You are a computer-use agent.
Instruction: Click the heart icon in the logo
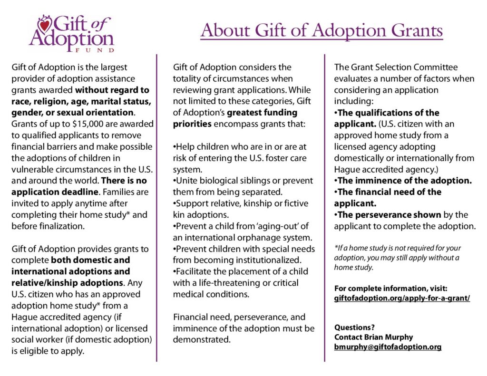pos(44,23)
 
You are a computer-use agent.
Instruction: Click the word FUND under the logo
pos(95,49)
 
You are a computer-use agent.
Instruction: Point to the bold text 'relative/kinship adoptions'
pos(63,283)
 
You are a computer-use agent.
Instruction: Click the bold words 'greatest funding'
pos(263,113)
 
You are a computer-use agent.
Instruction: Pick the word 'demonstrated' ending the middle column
pos(202,340)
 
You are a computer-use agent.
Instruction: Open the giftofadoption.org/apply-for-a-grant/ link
pos(402,299)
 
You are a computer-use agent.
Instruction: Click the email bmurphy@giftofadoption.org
pos(388,347)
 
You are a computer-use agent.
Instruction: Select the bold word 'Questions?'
pos(354,327)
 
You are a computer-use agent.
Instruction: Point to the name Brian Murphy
pos(388,337)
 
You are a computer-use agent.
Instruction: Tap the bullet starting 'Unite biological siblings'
pos(243,181)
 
